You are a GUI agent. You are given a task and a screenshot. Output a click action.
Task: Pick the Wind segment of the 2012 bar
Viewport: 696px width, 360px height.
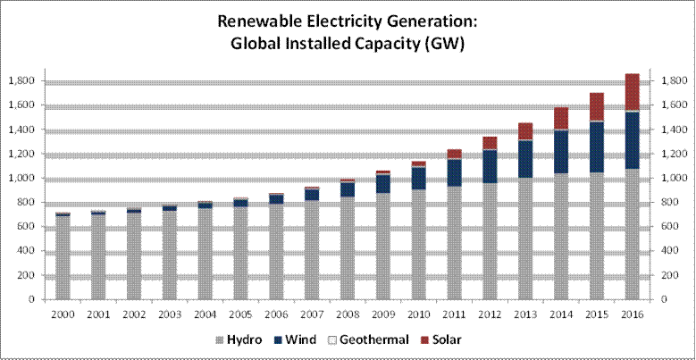point(489,167)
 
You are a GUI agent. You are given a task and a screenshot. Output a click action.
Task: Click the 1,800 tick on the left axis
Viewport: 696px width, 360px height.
point(21,80)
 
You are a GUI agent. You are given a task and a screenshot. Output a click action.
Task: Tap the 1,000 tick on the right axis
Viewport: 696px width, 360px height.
point(675,178)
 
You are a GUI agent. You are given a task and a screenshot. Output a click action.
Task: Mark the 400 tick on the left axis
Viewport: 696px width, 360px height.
point(26,251)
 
